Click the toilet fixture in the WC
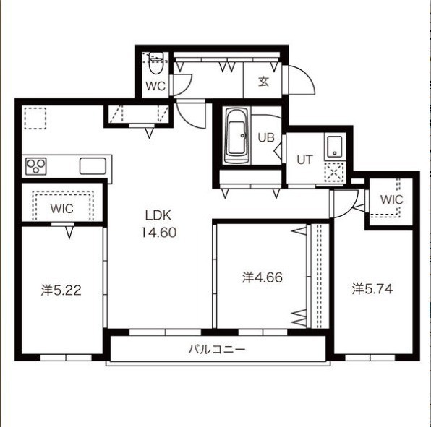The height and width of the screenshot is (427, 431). point(156,63)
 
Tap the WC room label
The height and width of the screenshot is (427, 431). point(155,86)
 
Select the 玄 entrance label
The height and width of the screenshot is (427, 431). point(264,81)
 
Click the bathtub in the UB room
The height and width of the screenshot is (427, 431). point(237,136)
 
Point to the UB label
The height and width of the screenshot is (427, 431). point(266,137)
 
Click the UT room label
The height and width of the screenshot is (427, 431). point(305,160)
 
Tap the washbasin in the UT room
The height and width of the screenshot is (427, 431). point(334,147)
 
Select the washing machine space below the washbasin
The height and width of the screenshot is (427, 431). point(334,172)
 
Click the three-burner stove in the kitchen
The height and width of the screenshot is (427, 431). point(36,166)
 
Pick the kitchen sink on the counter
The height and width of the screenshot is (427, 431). point(93,166)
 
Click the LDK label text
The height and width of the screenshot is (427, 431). point(158,215)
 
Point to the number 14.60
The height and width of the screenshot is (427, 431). point(159,233)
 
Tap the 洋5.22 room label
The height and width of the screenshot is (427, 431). point(61,290)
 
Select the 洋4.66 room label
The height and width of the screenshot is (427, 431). point(263,277)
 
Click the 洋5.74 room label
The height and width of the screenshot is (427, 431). point(372,289)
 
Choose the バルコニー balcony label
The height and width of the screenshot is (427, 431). point(217,350)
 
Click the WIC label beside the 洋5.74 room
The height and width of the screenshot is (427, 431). point(391,199)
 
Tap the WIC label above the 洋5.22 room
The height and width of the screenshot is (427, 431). point(62,209)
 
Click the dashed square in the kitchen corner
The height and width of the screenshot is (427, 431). point(35,118)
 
